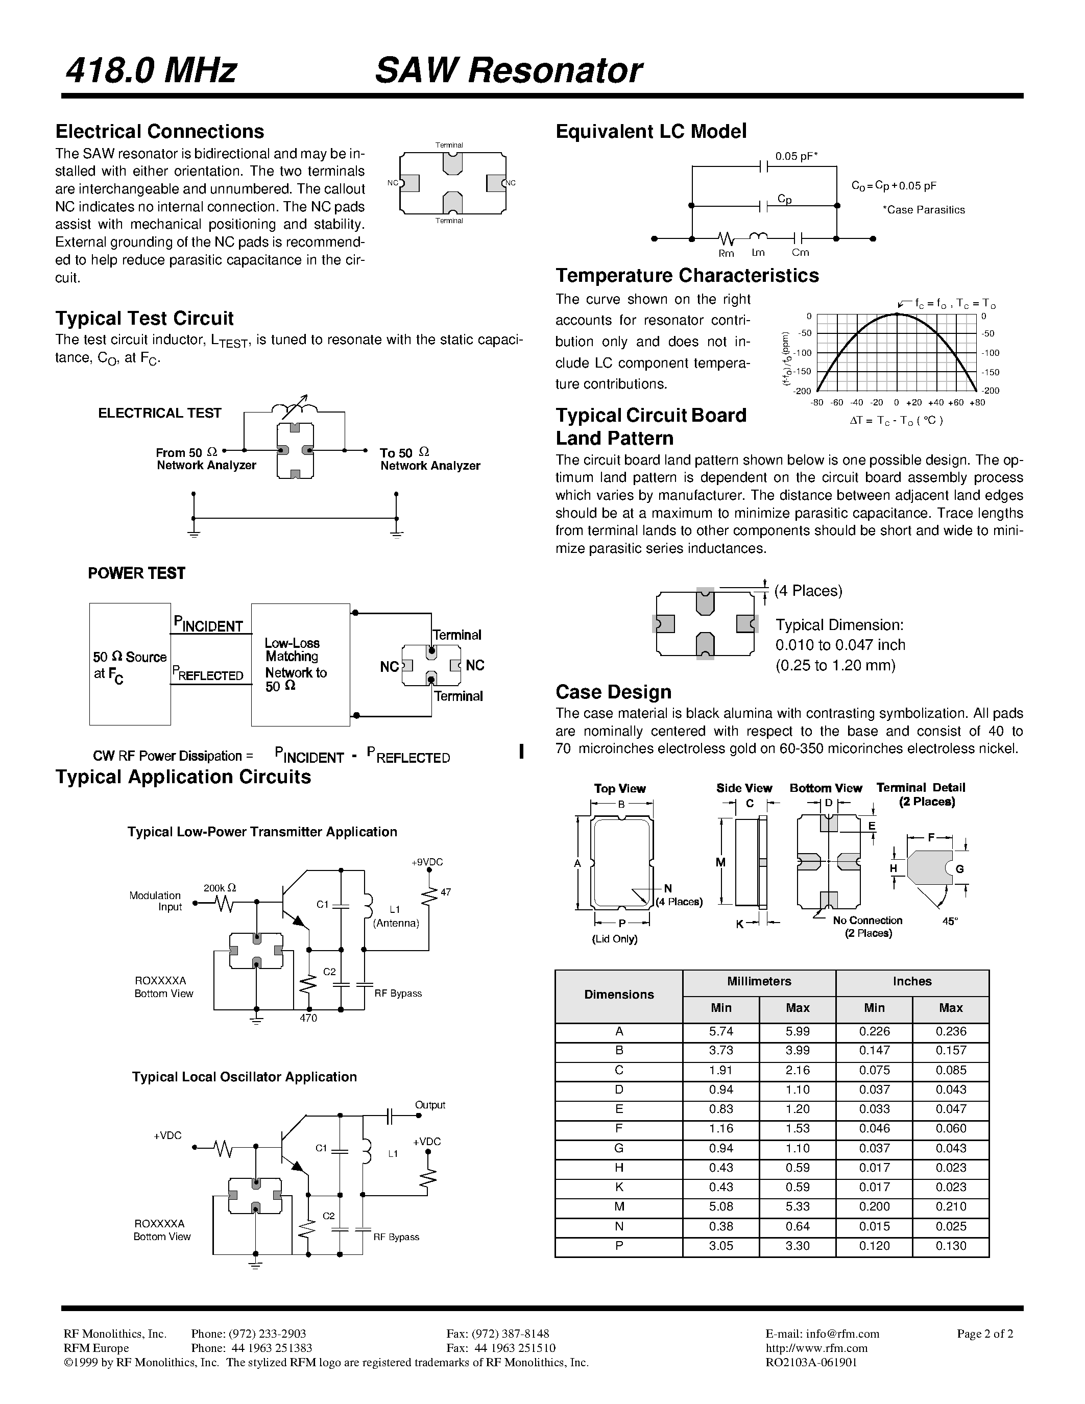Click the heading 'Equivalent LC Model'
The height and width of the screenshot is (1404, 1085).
tap(650, 132)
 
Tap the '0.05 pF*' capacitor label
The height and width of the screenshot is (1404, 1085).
tap(796, 156)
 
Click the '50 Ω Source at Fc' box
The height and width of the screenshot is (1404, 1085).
tap(130, 664)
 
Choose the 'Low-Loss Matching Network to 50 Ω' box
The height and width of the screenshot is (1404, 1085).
tap(300, 664)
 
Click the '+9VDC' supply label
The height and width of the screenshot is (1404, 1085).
tap(427, 862)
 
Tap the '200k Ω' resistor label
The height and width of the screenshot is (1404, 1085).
tap(220, 888)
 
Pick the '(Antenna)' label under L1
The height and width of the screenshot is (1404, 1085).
tap(396, 923)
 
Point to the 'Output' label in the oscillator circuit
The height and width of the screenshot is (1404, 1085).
tap(430, 1104)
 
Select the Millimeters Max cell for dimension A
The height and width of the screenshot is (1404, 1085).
tap(798, 1031)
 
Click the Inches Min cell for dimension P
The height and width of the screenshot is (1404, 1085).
tap(874, 1245)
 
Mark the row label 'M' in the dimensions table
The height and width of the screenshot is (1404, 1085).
tap(619, 1206)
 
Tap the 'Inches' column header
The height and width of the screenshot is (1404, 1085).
tap(912, 981)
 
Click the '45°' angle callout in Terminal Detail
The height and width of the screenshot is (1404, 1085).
tap(950, 921)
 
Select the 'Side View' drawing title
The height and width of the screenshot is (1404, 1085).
tap(744, 788)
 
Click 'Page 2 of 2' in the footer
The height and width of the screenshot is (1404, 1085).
tap(985, 1333)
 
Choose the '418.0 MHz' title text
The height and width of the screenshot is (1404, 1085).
tap(151, 71)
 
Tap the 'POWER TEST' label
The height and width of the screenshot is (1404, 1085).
tap(136, 573)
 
